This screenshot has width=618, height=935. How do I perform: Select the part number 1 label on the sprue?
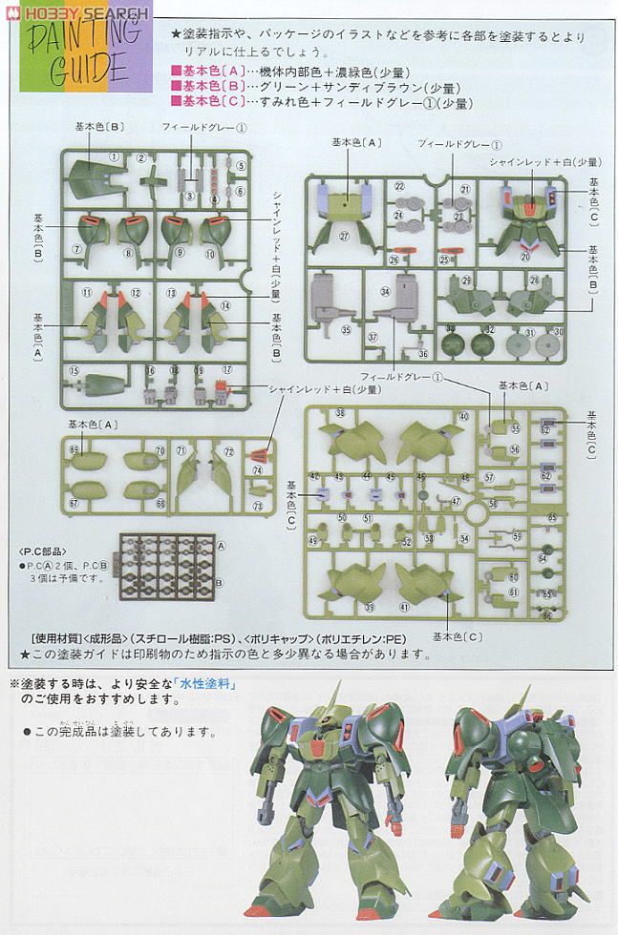(113, 157)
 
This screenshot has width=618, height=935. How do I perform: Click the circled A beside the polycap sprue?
(221, 546)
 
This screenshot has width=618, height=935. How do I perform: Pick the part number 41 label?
(404, 608)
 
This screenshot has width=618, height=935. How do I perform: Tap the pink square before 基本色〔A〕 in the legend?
(175, 71)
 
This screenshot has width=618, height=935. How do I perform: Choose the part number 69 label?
(74, 447)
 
